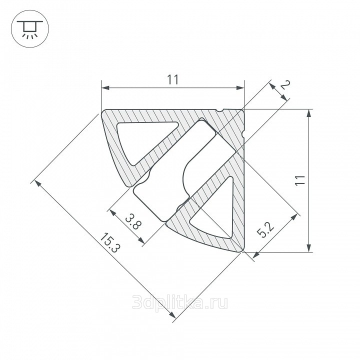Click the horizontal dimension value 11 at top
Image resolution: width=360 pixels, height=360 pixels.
click(172, 79)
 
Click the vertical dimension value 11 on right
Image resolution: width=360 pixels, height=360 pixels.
click(300, 180)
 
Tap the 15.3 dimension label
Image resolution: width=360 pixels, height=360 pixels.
click(110, 242)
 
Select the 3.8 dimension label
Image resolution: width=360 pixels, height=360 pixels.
click(133, 221)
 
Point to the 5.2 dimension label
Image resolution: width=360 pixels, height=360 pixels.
click(265, 230)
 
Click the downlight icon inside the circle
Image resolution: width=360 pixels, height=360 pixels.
click(30, 29)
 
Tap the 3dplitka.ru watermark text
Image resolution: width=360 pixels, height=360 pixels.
click(180, 301)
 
